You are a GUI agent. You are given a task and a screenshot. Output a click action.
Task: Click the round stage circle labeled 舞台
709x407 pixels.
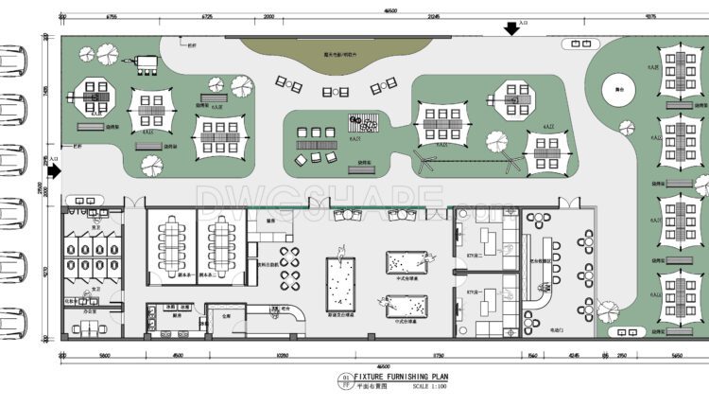(x=616, y=90)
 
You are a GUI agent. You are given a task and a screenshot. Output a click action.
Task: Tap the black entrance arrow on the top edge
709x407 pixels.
(x=511, y=29)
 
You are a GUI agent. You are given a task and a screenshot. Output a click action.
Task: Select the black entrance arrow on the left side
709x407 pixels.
(x=54, y=171)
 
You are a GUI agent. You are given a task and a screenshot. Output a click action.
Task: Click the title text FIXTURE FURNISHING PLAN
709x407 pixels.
(x=407, y=377)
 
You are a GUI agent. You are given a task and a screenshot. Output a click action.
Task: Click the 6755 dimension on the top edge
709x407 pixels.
(x=111, y=17)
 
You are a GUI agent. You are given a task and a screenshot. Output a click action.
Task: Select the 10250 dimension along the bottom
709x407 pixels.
(x=282, y=356)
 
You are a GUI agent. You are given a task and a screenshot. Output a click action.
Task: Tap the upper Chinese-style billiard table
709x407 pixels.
(x=406, y=262)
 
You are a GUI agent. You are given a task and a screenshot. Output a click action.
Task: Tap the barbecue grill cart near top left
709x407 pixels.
(x=147, y=62)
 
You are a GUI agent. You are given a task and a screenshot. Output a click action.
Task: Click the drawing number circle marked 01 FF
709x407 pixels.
(x=342, y=381)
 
